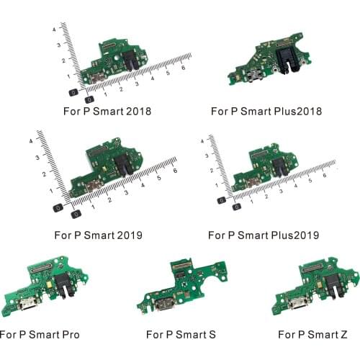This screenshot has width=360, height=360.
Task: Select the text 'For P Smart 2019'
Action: (x=98, y=235)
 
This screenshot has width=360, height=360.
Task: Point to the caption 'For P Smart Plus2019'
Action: (x=263, y=235)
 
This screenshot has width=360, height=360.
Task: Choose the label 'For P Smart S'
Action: (x=181, y=335)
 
